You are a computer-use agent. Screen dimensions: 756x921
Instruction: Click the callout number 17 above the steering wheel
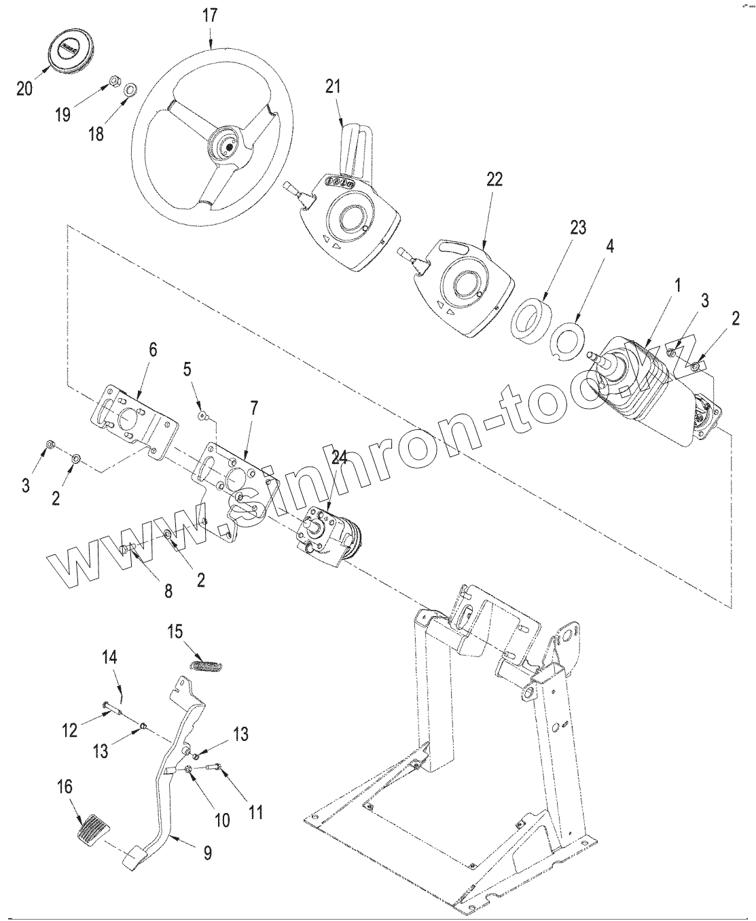coord(210,16)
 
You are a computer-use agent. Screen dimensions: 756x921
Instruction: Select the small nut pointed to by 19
coord(114,81)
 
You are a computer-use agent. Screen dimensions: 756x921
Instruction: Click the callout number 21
coord(333,86)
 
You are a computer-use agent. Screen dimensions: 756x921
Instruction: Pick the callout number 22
coord(494,179)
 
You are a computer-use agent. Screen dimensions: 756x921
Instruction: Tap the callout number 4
coord(610,247)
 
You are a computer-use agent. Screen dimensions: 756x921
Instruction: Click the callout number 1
coord(677,286)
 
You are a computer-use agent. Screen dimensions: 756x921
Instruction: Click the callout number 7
coord(254,408)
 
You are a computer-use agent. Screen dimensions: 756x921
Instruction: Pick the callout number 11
coord(255,812)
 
